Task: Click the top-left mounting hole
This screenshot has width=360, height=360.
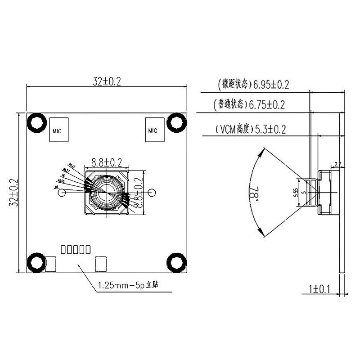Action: coord(36,122)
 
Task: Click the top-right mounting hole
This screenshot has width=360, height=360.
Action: coord(176,122)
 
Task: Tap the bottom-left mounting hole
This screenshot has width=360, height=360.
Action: coord(36,263)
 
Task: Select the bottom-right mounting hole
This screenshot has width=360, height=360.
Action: coord(176,263)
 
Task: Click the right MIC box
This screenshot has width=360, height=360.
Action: coord(153,130)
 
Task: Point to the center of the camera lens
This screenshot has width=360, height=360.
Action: coord(106,192)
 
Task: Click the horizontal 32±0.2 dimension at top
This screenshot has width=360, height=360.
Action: coord(107,81)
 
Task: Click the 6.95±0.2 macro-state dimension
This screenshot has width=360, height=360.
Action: coord(271,84)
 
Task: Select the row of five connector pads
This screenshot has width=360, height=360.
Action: coord(76,248)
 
